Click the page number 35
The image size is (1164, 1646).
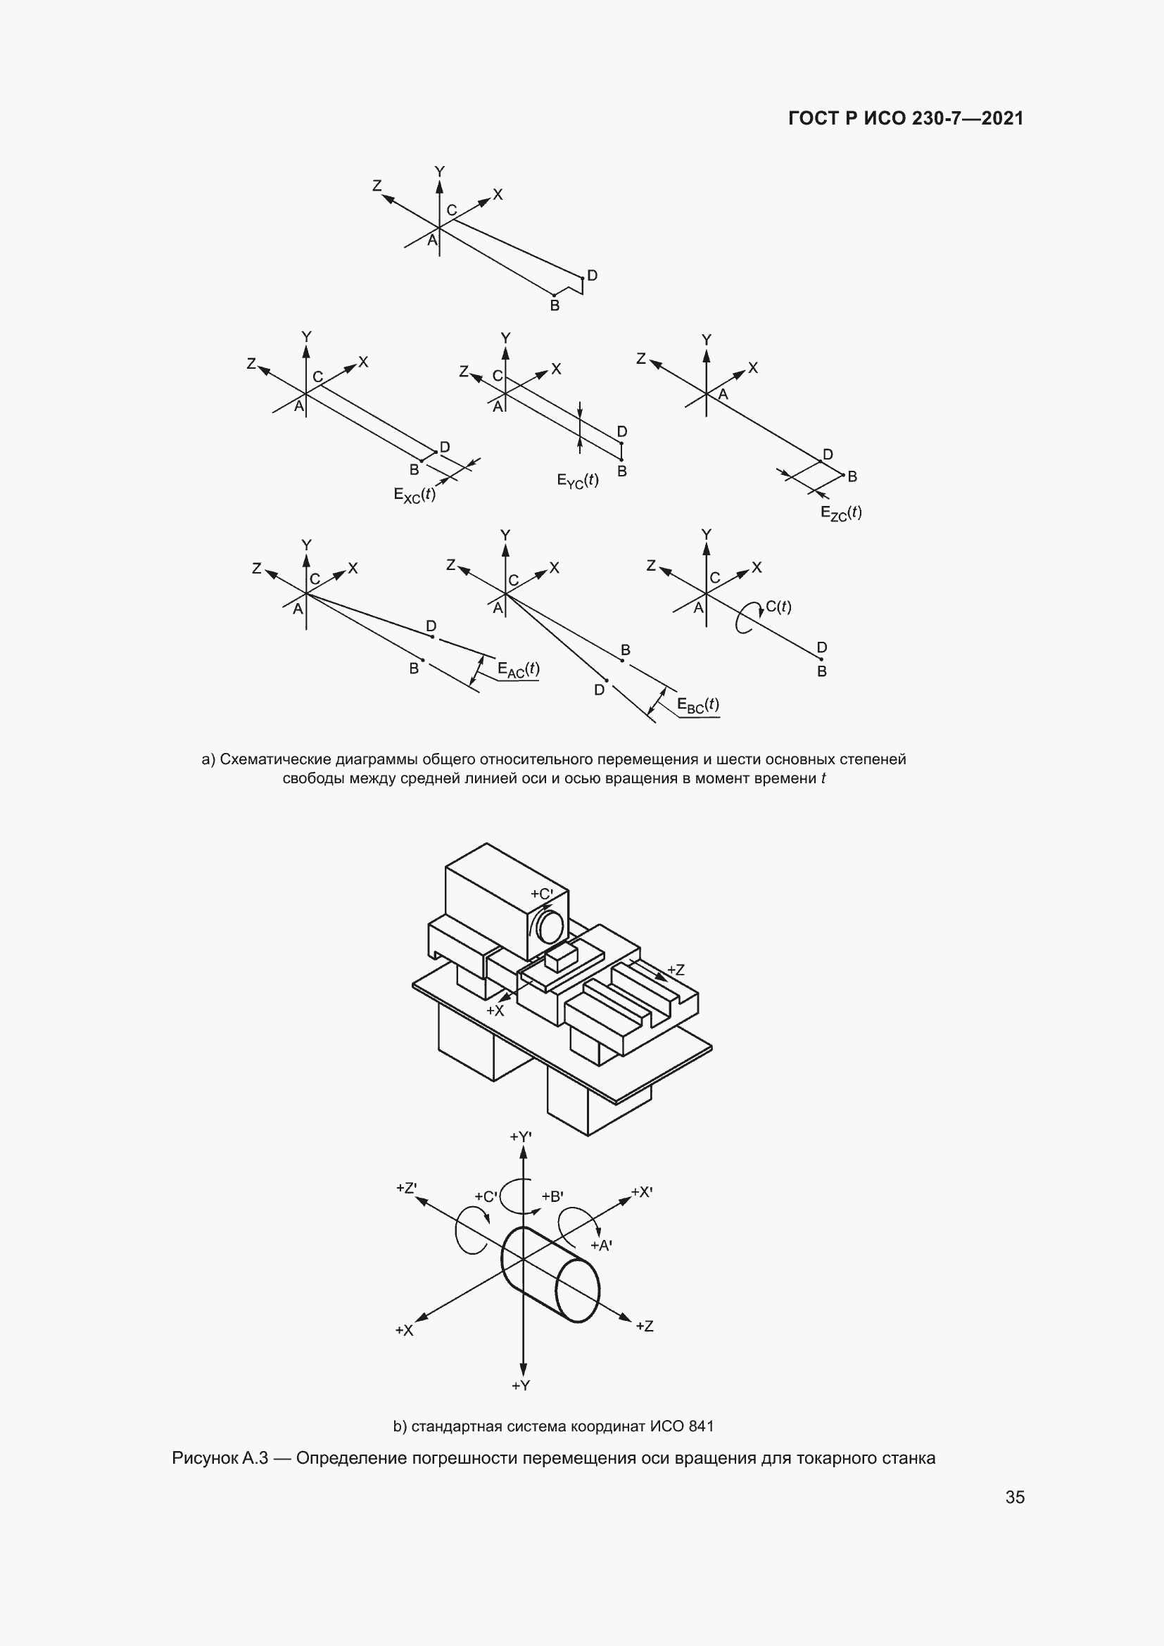1015,1497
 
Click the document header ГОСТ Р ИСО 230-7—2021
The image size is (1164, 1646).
906,118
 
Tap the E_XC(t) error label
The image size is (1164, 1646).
415,495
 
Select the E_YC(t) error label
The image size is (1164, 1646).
578,481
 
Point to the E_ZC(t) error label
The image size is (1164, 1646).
841,512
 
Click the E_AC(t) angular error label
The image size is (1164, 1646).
518,669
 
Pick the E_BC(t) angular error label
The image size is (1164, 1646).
698,705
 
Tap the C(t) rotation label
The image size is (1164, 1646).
778,607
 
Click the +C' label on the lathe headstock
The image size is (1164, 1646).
542,894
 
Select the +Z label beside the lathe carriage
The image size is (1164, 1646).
676,970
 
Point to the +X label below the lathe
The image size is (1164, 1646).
495,1011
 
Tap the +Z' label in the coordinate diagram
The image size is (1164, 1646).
406,1188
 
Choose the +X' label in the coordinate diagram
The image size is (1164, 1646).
642,1192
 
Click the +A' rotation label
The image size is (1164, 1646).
601,1246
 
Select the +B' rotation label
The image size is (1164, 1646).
552,1196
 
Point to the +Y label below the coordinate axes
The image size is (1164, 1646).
521,1386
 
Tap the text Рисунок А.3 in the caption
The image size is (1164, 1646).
220,1458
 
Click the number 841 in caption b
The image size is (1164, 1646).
701,1426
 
